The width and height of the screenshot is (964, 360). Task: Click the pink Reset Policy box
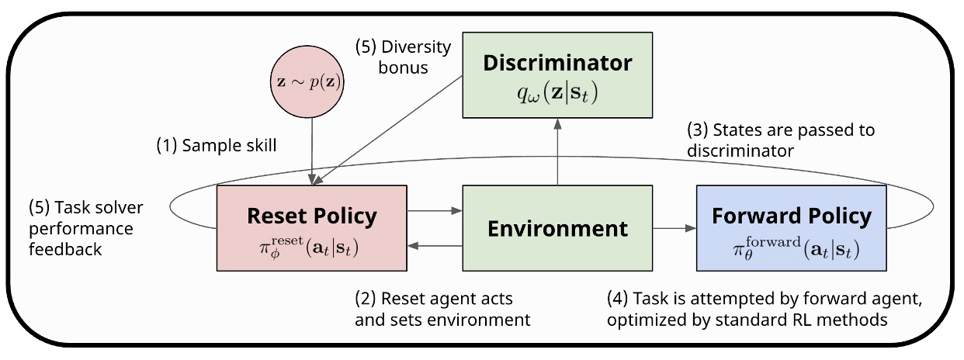pos(311,229)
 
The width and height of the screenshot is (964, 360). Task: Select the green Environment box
pos(557,229)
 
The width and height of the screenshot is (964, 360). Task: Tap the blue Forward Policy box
pos(791,229)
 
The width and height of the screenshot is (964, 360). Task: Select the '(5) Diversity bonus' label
pos(403,57)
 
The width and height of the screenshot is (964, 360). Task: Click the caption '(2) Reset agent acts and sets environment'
pos(442,309)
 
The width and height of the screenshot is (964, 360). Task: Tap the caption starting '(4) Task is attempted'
pos(764,309)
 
